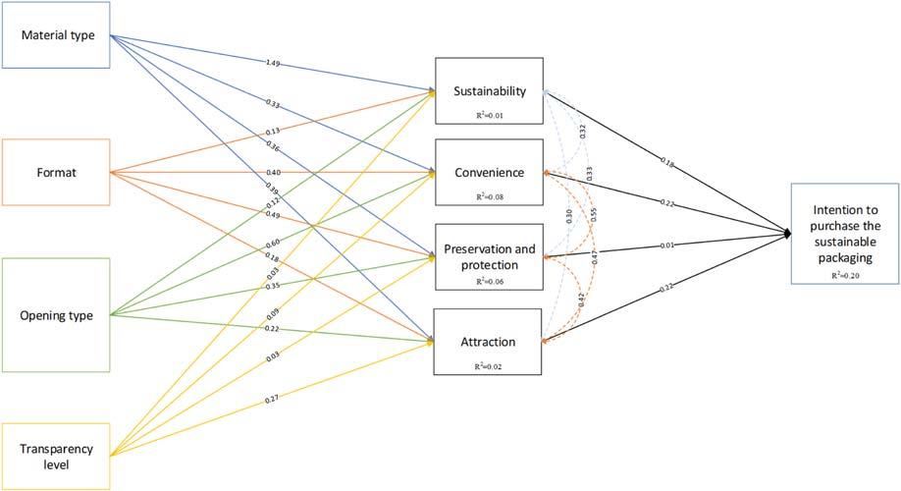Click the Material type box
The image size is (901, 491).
[x=55, y=36]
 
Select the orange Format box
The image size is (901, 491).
[x=55, y=174]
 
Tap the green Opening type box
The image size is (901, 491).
[x=55, y=315]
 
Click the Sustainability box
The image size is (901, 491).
[x=489, y=91]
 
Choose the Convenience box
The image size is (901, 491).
[x=489, y=173]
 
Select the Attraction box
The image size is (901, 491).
[x=489, y=342]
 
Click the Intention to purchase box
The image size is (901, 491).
[x=846, y=234]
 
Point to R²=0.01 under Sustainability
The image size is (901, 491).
[x=489, y=114]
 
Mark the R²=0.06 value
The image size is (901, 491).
[x=489, y=281]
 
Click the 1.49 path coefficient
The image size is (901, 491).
[x=274, y=64]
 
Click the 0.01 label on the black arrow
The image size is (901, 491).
[x=667, y=245]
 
